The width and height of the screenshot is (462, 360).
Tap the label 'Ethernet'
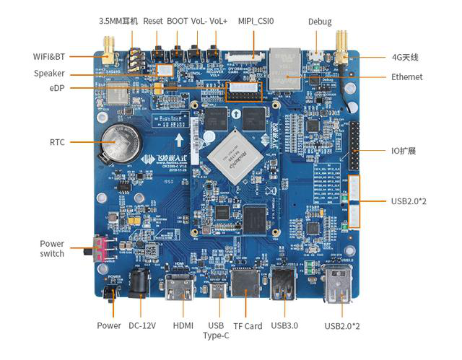(x=406, y=77)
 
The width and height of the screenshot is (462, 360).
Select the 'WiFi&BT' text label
(x=49, y=56)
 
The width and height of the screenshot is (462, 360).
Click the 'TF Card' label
(x=248, y=326)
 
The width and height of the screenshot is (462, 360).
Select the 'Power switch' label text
(x=52, y=248)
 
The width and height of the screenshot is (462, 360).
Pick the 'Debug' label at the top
(x=320, y=22)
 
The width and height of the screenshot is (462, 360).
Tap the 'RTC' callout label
(x=57, y=142)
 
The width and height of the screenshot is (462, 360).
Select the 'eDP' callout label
(x=57, y=88)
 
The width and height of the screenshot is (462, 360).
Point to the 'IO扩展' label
(x=403, y=151)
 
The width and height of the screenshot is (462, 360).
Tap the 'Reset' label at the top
(x=153, y=22)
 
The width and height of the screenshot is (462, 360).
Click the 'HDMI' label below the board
(x=183, y=326)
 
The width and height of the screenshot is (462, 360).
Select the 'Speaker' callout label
(x=49, y=74)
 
